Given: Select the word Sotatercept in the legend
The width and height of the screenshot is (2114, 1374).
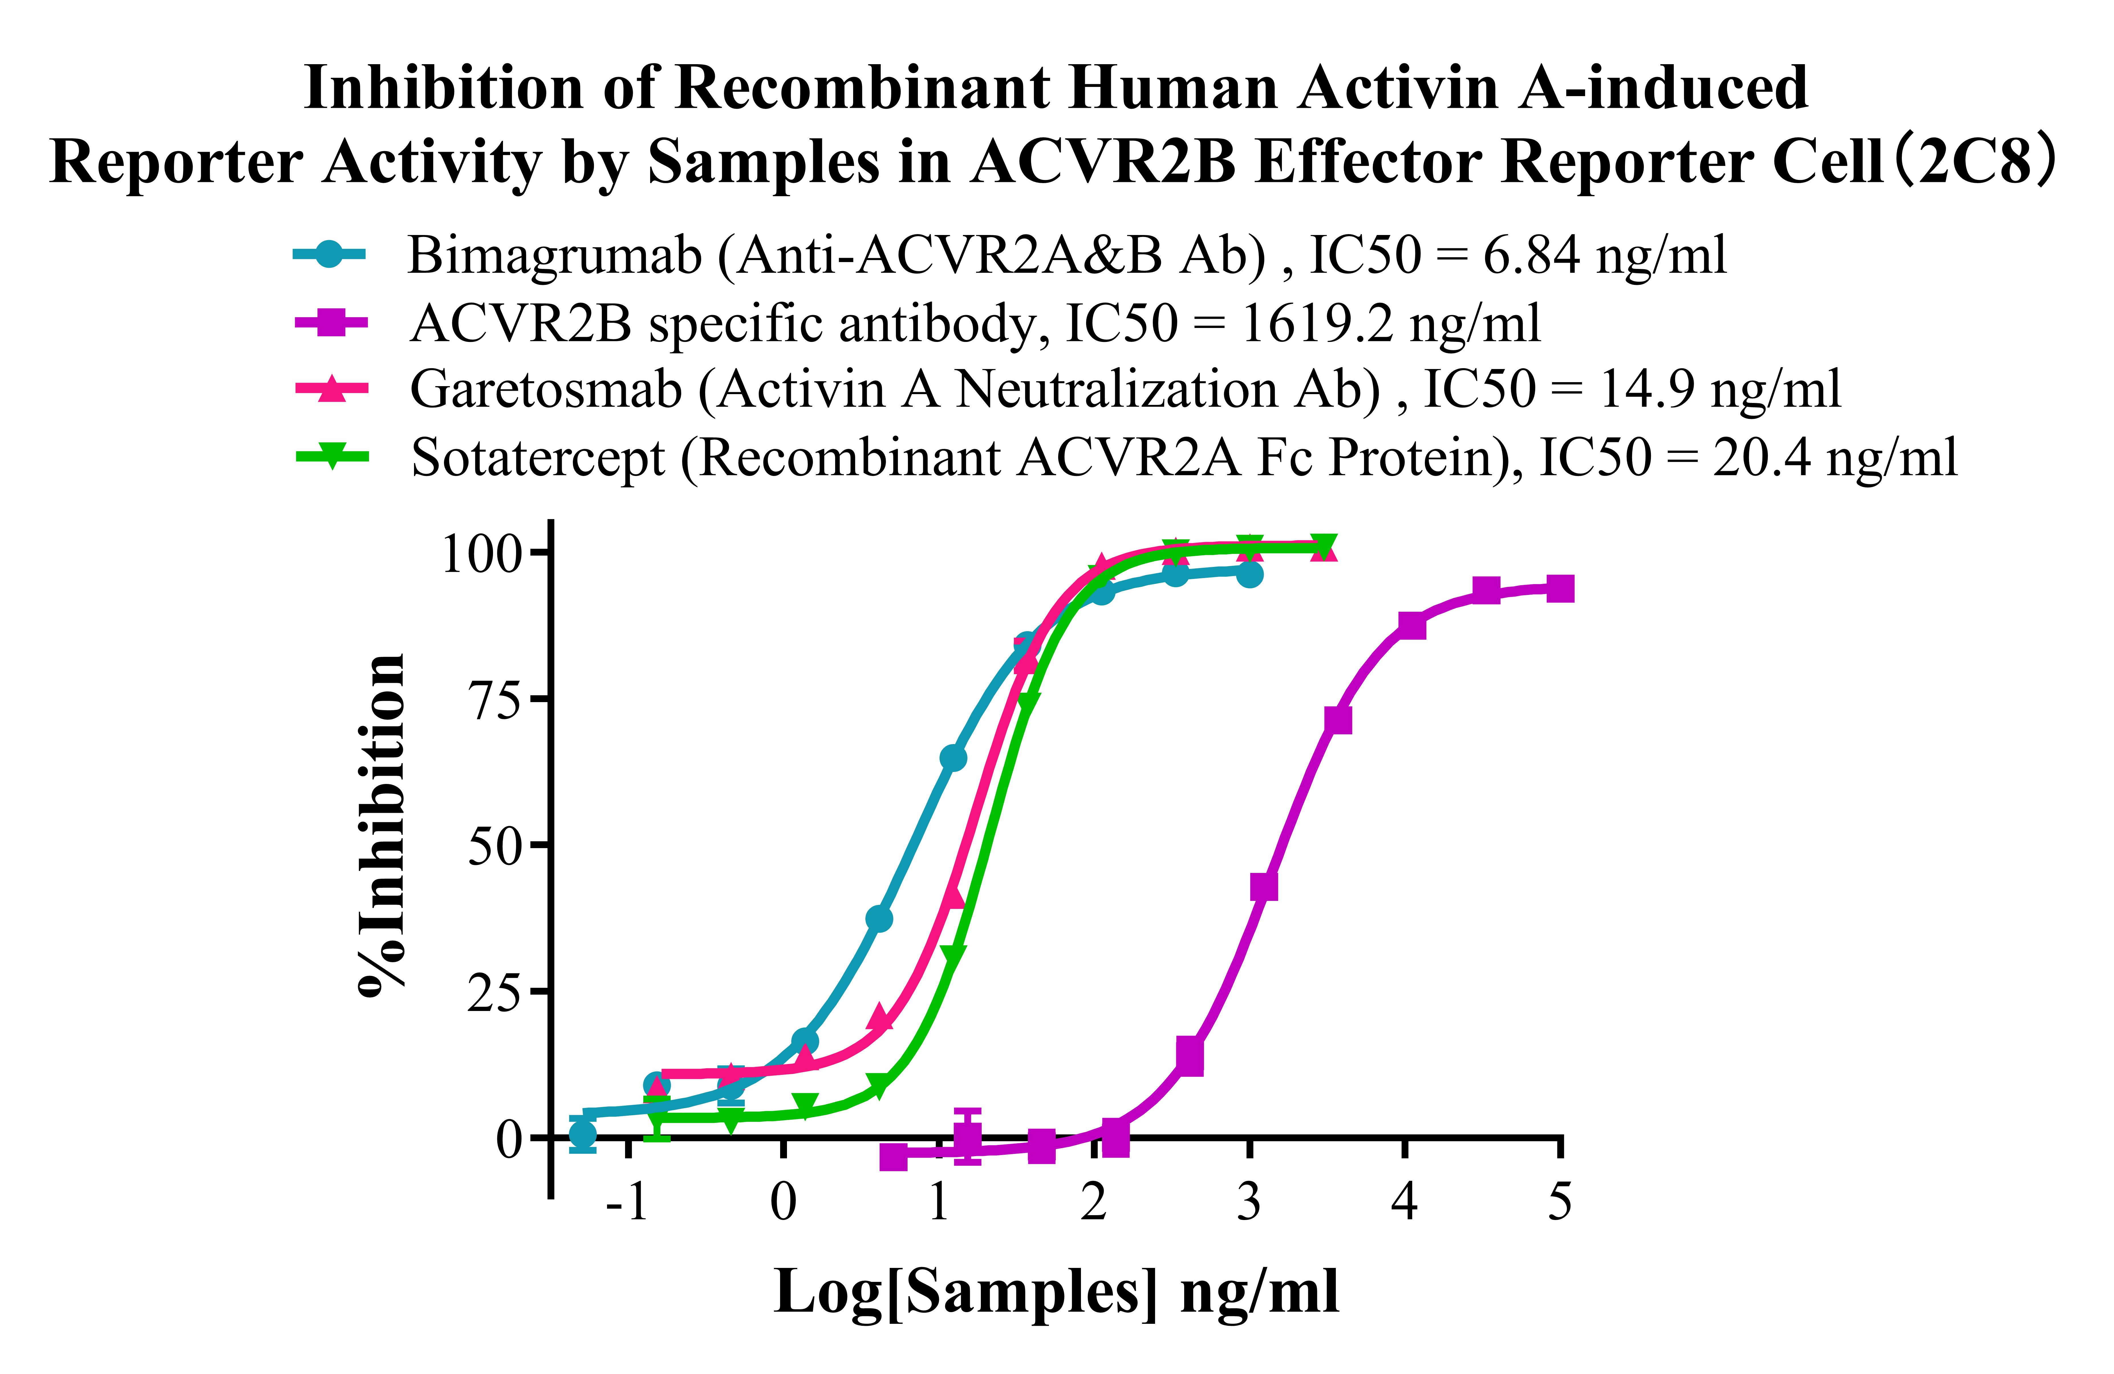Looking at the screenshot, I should [x=537, y=458].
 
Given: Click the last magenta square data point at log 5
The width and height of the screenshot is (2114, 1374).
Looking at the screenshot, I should [x=1560, y=589].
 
